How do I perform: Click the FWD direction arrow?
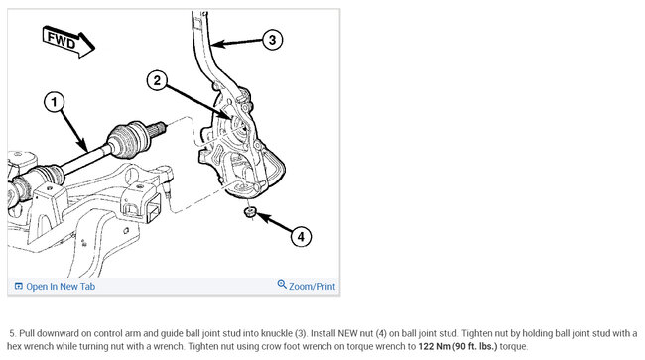pos(68,42)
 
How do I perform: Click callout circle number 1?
pos(55,102)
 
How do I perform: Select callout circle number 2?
pos(157,80)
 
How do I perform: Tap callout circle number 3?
pos(272,40)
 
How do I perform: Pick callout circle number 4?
pos(301,237)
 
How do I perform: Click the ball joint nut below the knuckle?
pos(250,212)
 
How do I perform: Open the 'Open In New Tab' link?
pos(61,286)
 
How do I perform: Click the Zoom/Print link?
pos(313,286)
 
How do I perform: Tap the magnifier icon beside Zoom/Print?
pos(282,284)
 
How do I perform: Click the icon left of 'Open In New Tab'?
pos(19,286)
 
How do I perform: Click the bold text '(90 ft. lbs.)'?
pos(474,346)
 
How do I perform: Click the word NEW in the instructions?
pos(347,333)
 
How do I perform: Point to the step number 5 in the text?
pos(13,333)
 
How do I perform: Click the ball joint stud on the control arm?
pos(168,188)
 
